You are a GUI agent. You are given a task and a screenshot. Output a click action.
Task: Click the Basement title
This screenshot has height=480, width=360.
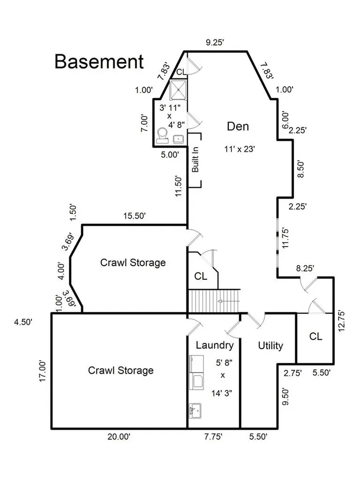coord(99,61)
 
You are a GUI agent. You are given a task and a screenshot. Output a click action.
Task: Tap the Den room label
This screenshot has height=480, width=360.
coord(238,127)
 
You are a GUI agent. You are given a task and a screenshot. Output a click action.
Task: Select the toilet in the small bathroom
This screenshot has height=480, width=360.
coord(162,135)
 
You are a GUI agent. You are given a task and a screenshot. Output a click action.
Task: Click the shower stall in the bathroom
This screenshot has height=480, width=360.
coord(178,90)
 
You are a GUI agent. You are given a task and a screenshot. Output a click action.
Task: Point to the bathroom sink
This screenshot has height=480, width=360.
coord(179,140)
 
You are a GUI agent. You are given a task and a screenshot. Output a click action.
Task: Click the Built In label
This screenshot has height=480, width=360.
coord(195,159)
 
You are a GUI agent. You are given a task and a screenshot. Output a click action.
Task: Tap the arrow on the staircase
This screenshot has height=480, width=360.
coord(228,301)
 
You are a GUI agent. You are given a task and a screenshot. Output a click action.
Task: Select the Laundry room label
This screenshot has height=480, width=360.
coord(215,345)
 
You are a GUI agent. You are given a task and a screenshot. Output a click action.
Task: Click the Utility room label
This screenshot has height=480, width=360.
coord(270,345)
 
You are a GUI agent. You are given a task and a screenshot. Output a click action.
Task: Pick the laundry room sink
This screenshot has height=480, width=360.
coord(195,411)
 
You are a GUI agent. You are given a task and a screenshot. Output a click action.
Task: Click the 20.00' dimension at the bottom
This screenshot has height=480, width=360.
coord(119,436)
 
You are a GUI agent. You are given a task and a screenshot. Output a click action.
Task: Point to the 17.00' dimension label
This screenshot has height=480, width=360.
coord(42,371)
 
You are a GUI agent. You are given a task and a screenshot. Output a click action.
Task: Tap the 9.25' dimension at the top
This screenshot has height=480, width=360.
coord(215,42)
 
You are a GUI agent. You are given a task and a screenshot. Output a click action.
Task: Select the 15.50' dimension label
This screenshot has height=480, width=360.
coord(135,216)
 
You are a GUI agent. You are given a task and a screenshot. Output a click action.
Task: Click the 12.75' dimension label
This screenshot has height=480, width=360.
coord(342,321)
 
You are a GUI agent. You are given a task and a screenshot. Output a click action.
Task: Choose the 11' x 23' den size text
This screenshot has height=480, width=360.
coord(240,149)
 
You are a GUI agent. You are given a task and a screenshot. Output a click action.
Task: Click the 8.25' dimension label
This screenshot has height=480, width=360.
coord(305,268)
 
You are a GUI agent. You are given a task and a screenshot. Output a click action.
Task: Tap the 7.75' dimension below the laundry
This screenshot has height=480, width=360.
coord(213,436)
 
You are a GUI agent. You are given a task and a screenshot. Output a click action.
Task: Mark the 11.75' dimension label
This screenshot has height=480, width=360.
coord(285,238)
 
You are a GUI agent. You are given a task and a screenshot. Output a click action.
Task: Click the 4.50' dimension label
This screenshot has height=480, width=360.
coord(23,322)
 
